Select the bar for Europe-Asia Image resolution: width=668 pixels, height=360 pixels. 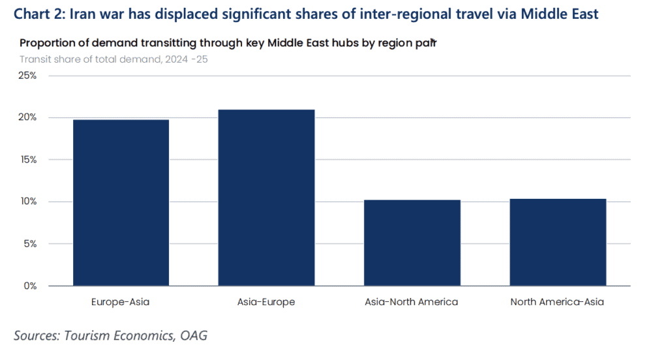click(121, 203)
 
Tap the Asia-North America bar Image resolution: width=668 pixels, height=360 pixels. click(412, 243)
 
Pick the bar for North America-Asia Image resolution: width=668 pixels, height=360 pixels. click(557, 242)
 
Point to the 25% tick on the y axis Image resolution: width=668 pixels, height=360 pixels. click(27, 76)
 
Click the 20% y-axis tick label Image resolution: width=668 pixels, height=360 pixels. click(27, 117)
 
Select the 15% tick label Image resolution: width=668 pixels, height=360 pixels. click(27, 160)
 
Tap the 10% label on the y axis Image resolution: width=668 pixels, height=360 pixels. click(27, 202)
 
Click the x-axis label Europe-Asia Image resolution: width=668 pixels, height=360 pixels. click(121, 302)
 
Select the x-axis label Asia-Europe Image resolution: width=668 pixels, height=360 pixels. click(266, 302)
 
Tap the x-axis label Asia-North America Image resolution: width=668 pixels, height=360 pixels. click(412, 302)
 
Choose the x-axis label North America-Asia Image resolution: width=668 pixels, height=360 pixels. click(557, 302)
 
